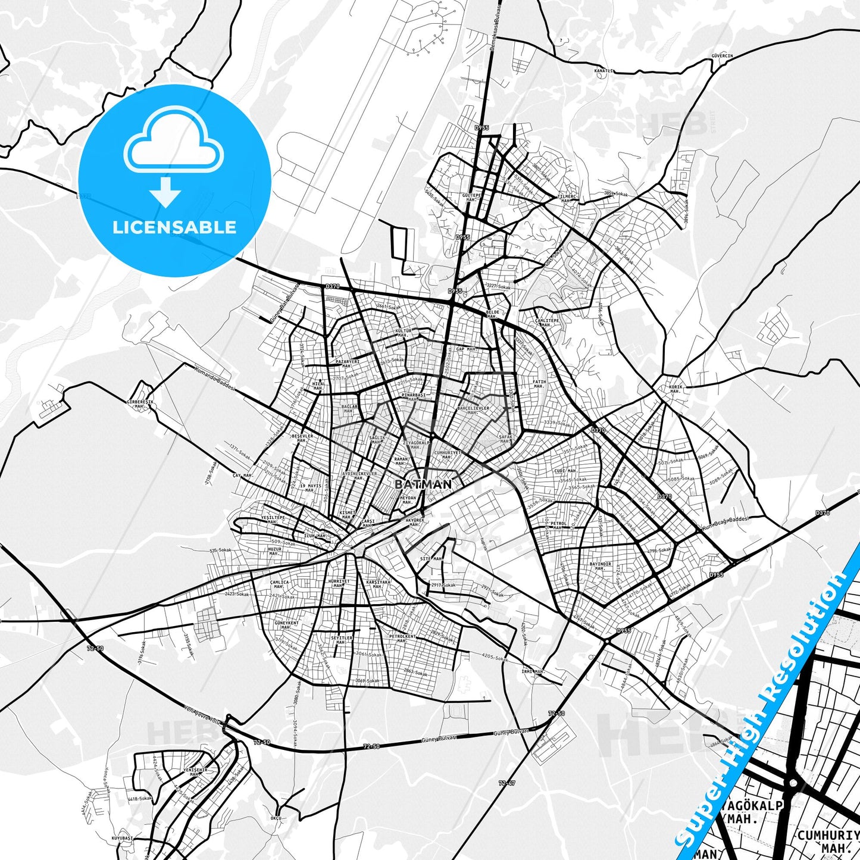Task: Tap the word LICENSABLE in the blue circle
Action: click(174, 227)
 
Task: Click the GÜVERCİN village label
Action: click(722, 56)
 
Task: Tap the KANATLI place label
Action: click(603, 71)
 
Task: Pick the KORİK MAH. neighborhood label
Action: click(676, 389)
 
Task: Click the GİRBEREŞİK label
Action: click(140, 402)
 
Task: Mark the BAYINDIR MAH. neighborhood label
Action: click(600, 566)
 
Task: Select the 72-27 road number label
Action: click(507, 783)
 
